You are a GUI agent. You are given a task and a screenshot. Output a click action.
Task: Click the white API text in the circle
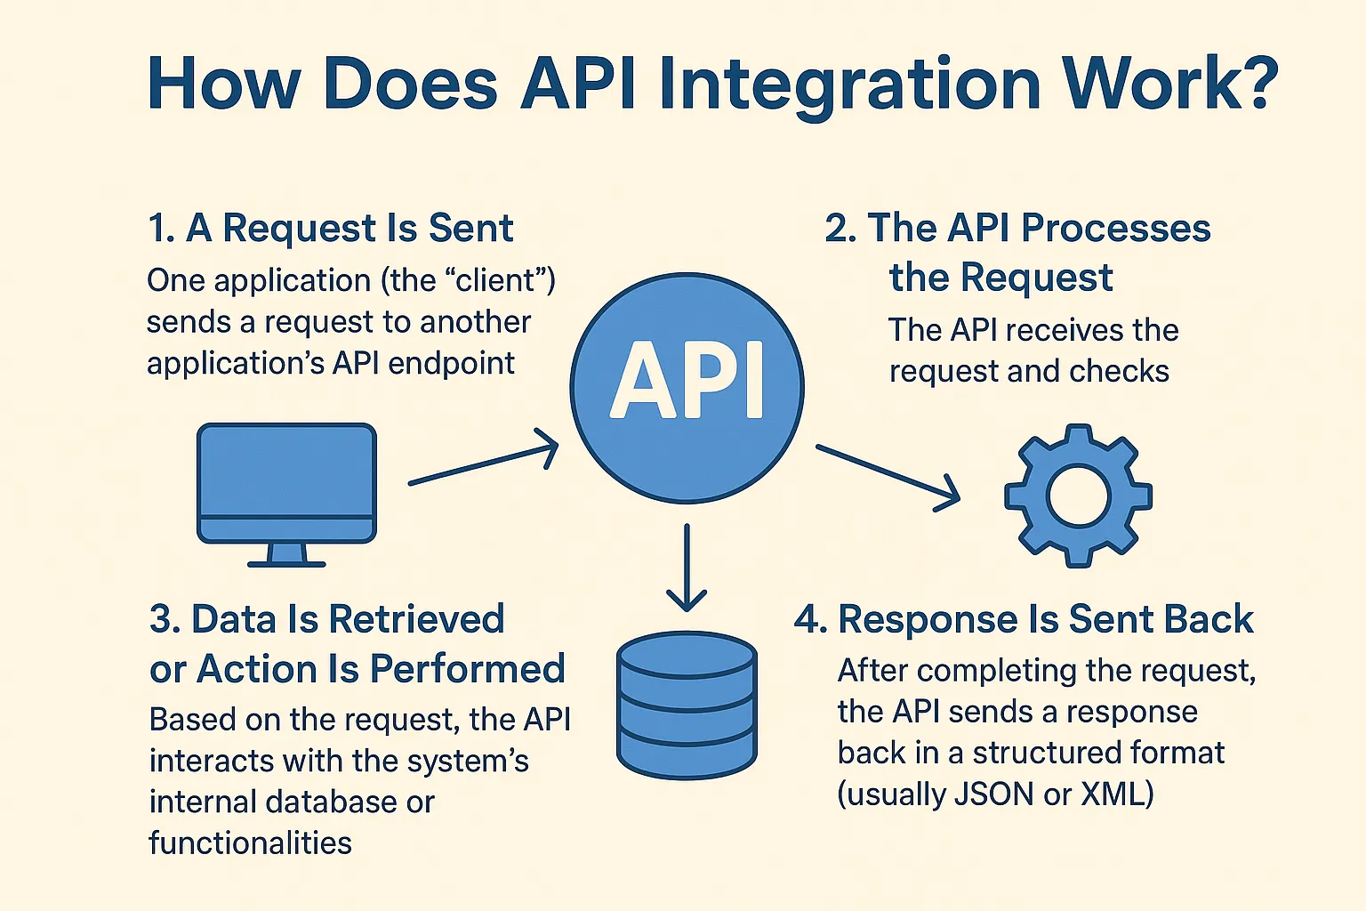click(687, 381)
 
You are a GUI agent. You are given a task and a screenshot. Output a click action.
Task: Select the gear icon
click(1078, 496)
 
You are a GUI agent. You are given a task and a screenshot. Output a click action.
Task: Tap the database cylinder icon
click(687, 707)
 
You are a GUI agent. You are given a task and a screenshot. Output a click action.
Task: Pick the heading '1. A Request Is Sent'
click(331, 229)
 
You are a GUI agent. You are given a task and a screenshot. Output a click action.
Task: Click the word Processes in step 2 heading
click(1115, 229)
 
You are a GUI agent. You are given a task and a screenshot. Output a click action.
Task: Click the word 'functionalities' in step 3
click(251, 842)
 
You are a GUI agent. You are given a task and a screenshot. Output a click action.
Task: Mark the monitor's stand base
click(286, 563)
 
